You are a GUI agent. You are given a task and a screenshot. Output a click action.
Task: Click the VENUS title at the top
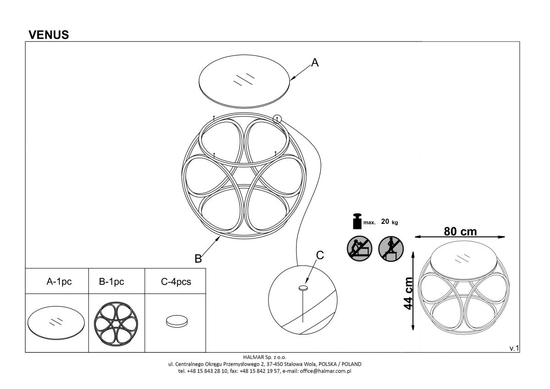click(x=49, y=35)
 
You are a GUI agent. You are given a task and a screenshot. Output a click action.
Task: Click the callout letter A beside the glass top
click(x=314, y=63)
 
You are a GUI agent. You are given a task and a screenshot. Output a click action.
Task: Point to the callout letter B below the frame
click(x=198, y=259)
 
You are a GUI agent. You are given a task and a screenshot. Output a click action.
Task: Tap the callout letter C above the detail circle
click(x=320, y=256)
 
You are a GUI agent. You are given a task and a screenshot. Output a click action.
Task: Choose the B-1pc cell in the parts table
click(x=111, y=282)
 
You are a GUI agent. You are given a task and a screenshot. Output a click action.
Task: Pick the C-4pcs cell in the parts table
click(x=176, y=282)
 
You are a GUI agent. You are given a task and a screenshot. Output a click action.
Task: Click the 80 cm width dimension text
click(x=460, y=232)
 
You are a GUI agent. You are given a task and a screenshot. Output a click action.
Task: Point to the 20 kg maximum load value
click(x=389, y=222)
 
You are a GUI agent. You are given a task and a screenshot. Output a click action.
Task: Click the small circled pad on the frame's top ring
click(x=277, y=119)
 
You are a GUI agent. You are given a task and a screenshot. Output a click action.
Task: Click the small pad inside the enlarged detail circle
click(x=303, y=288)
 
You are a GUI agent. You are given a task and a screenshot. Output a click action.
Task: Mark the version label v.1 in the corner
click(x=514, y=349)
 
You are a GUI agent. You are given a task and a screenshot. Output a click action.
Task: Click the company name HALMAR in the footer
click(x=253, y=356)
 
